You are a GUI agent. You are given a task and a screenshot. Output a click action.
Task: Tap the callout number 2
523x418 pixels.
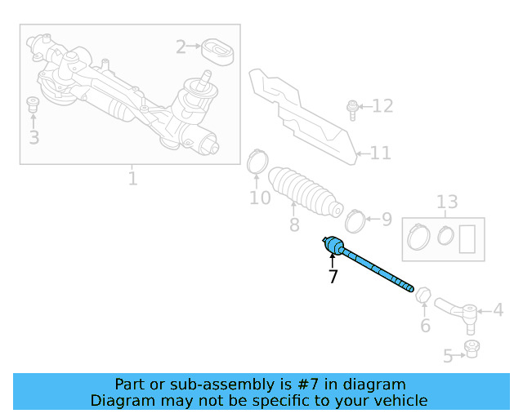[181, 47]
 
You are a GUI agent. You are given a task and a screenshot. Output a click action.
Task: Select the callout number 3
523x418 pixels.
[34, 136]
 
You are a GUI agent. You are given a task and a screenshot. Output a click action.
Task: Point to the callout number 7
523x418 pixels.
[333, 277]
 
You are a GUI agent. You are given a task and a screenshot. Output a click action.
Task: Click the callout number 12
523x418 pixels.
[382, 106]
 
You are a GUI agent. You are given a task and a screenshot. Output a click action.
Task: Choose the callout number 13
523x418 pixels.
[447, 202]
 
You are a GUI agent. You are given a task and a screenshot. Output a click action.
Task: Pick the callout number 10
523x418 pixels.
[260, 198]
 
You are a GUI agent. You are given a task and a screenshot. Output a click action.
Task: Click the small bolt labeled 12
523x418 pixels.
[351, 107]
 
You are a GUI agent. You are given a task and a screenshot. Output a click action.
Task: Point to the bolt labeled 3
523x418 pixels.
[34, 104]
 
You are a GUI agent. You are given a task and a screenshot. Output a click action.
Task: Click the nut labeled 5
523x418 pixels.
[471, 349]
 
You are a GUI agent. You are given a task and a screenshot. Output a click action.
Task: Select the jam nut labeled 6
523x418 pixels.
[423, 293]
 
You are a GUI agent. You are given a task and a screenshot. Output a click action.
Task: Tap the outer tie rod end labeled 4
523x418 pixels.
[458, 310]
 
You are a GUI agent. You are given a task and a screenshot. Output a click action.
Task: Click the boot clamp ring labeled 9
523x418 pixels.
[355, 219]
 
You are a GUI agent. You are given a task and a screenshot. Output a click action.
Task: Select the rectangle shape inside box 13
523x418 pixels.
[468, 238]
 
